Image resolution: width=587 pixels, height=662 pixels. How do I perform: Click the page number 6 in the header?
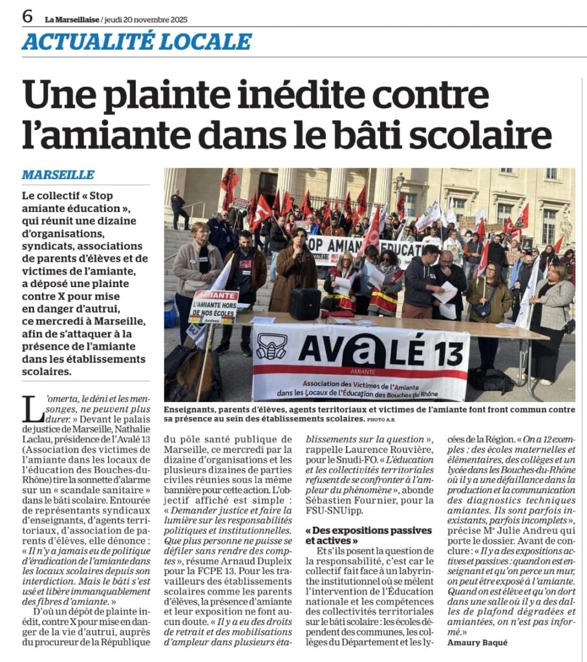(x=27, y=16)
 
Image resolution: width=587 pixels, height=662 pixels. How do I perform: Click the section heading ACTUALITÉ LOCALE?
(x=136, y=41)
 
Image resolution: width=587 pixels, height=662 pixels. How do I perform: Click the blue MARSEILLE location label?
(x=58, y=175)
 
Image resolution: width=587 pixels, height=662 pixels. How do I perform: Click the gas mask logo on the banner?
(x=272, y=347)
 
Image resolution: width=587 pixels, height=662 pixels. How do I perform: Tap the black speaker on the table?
(x=305, y=303)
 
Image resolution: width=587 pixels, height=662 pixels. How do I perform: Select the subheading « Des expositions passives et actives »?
(x=368, y=535)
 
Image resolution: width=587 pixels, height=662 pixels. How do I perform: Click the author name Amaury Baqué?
(x=478, y=642)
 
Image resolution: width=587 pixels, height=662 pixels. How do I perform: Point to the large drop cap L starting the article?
(x=30, y=409)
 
